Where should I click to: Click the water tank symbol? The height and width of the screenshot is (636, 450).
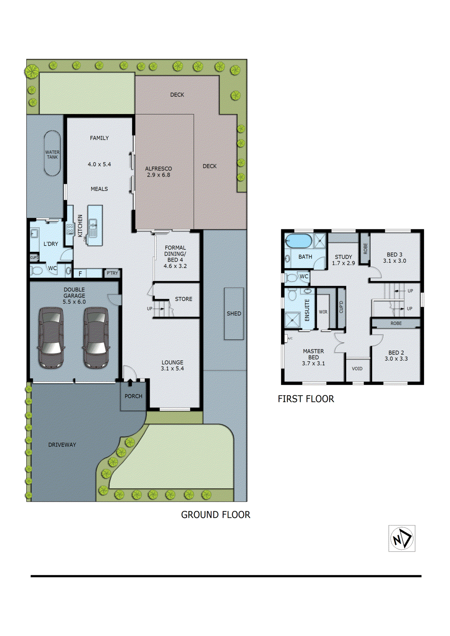coord(52,153)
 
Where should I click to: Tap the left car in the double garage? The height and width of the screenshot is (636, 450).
coord(51,337)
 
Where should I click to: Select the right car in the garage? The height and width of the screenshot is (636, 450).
coord(96,337)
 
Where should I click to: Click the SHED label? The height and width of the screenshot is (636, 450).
coord(234,314)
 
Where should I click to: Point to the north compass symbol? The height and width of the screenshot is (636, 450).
coord(402,539)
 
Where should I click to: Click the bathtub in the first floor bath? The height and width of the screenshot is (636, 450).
coord(298,241)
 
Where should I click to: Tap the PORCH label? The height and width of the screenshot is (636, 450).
coord(133,396)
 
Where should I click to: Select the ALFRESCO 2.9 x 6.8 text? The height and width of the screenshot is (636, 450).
coord(158,172)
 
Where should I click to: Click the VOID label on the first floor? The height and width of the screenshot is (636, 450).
coord(357,369)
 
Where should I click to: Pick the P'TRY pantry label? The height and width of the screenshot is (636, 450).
coord(113,273)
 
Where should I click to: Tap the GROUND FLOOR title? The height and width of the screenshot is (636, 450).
coord(216,515)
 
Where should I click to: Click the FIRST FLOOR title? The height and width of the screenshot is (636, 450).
coord(306,399)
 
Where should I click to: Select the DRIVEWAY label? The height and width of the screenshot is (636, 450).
coord(62,445)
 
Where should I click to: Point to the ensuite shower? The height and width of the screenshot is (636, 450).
coord(292,320)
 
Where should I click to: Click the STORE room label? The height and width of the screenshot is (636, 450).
coord(183,299)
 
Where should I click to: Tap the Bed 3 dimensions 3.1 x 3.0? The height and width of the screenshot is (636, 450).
coord(395,261)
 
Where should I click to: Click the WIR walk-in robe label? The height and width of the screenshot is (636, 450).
coord(323,312)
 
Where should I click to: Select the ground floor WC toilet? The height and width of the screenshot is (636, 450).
coord(37,271)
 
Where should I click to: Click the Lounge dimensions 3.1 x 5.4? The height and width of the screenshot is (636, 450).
coord(172,368)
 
